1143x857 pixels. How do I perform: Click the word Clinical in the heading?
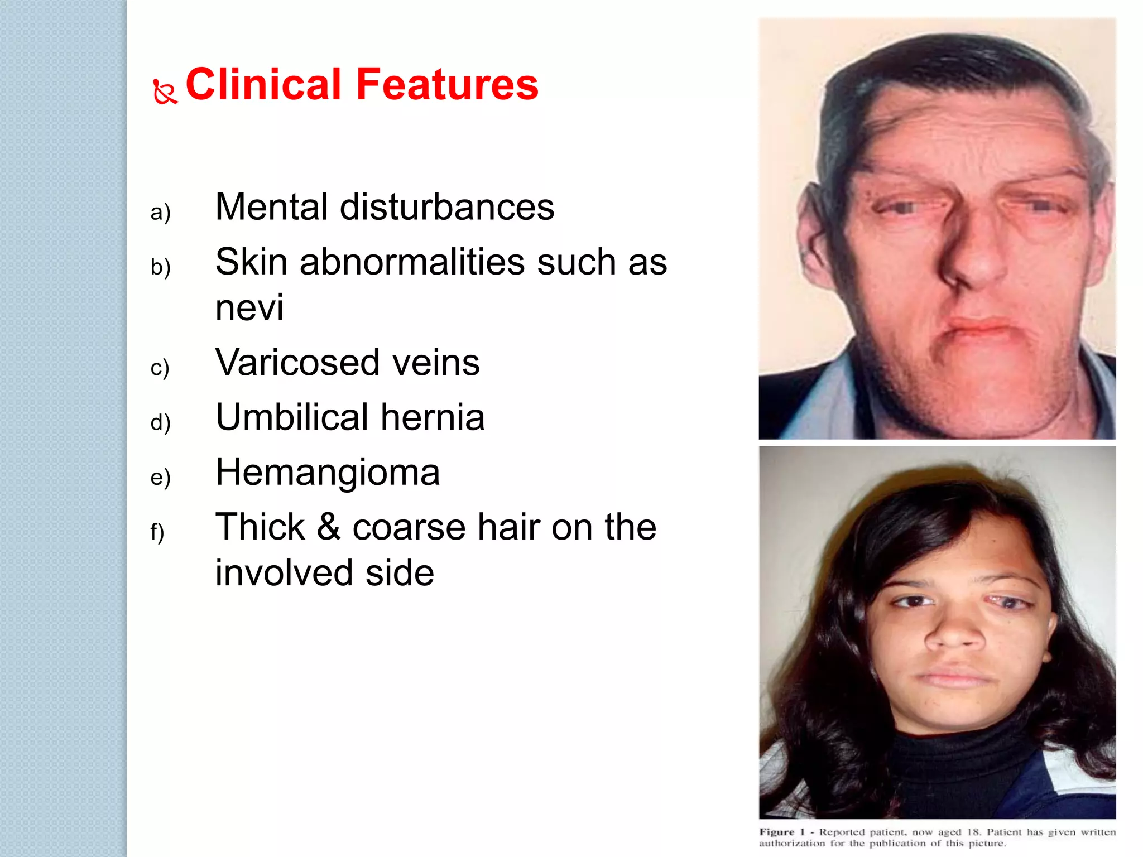click(x=263, y=84)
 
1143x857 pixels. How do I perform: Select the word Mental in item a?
click(x=271, y=207)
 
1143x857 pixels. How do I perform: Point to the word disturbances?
click(x=446, y=207)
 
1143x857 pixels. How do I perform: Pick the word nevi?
click(x=249, y=307)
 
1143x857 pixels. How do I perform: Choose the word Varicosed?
click(x=297, y=362)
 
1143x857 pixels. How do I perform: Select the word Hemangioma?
click(x=328, y=472)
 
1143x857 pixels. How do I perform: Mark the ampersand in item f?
click(x=328, y=527)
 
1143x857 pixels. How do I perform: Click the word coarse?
click(x=409, y=527)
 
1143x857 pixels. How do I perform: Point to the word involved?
click(x=284, y=572)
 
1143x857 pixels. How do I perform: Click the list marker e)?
click(x=160, y=477)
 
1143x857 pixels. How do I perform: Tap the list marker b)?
click(x=160, y=267)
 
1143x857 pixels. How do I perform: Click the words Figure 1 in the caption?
click(x=781, y=832)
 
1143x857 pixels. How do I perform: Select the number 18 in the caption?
click(x=973, y=832)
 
